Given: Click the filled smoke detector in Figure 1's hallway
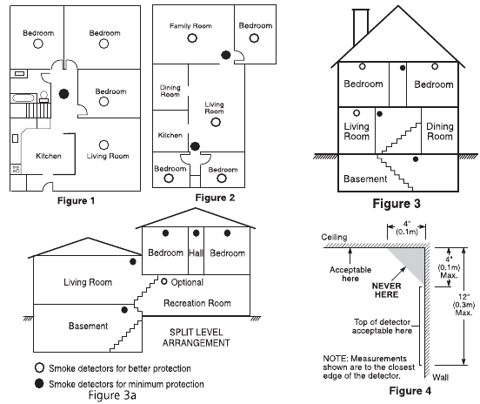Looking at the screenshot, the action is tap(63, 94).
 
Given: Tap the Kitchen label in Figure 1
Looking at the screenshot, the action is tap(49, 156).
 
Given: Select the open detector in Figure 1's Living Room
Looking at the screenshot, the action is tap(103, 145).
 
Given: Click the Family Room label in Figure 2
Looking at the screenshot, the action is tap(190, 26).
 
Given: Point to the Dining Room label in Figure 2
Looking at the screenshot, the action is tap(170, 91).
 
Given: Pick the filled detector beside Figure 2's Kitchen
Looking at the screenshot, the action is tap(195, 146).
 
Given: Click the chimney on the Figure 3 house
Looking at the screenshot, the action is tap(361, 27).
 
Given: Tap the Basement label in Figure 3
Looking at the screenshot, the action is tap(365, 178).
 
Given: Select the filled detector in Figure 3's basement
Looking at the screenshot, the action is tap(416, 159).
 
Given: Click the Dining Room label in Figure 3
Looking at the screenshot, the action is tap(440, 131).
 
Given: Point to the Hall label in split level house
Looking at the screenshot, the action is tap(196, 253).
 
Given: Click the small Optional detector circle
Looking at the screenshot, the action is tap(164, 281).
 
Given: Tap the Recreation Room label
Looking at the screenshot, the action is tap(197, 303).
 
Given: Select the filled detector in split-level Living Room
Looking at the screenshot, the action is tap(132, 261).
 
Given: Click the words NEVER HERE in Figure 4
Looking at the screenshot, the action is tap(386, 290).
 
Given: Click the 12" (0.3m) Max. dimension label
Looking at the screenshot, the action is tap(463, 305).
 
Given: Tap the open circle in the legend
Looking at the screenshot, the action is tap(39, 367).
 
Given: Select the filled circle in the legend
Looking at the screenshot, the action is tap(39, 383).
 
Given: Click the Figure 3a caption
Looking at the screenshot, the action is tap(112, 395).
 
